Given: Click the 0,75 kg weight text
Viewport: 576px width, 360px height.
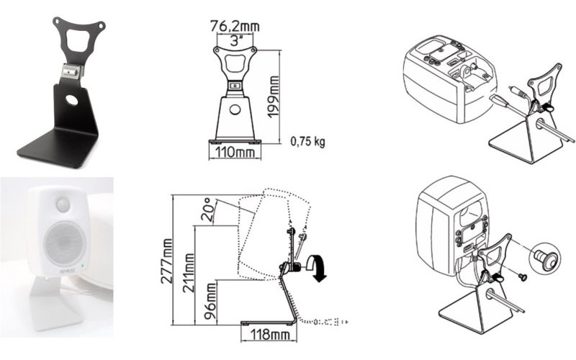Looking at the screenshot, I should tap(307, 141).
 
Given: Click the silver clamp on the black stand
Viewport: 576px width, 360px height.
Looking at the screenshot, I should tap(72, 71).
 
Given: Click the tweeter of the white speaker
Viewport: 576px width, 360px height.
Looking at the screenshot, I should tap(63, 204).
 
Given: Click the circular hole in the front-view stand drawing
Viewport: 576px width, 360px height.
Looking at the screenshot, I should tap(235, 110).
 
